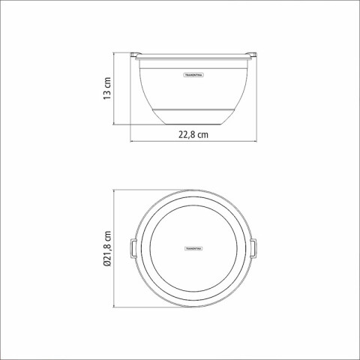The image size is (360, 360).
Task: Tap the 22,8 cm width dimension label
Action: click(x=193, y=135)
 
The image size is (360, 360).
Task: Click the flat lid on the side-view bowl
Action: click(x=194, y=55)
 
